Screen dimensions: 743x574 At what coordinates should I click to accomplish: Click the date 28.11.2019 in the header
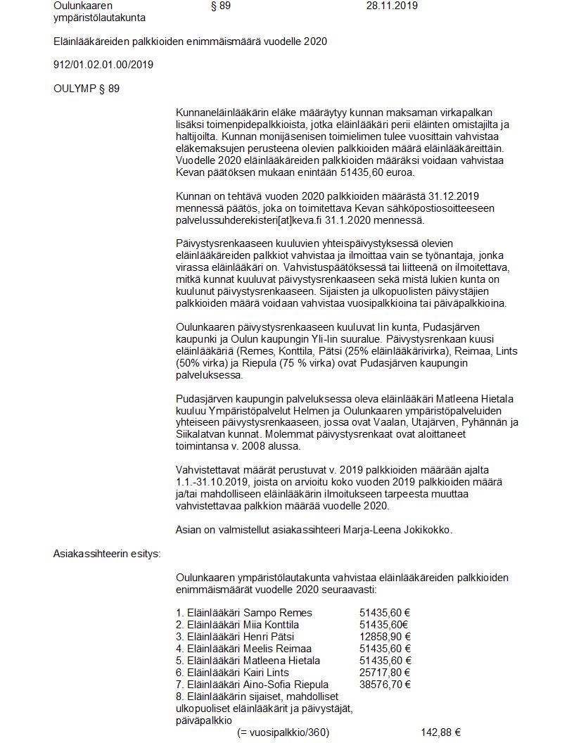click(x=392, y=6)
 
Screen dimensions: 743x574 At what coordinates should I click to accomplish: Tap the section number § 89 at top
click(x=220, y=6)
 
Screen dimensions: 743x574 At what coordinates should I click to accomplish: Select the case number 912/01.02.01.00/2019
click(x=103, y=65)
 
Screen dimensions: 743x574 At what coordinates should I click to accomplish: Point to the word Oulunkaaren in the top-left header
click(x=82, y=6)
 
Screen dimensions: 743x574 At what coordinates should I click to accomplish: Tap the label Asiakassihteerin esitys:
click(x=107, y=553)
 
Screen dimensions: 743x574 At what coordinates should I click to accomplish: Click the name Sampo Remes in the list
click(x=279, y=613)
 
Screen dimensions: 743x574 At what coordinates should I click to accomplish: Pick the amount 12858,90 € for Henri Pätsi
click(x=385, y=637)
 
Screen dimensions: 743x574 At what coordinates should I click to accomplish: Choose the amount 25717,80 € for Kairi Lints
click(x=385, y=673)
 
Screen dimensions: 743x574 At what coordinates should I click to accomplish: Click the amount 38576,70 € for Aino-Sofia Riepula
click(x=385, y=685)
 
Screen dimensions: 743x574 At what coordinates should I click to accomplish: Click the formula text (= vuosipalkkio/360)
click(x=283, y=732)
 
